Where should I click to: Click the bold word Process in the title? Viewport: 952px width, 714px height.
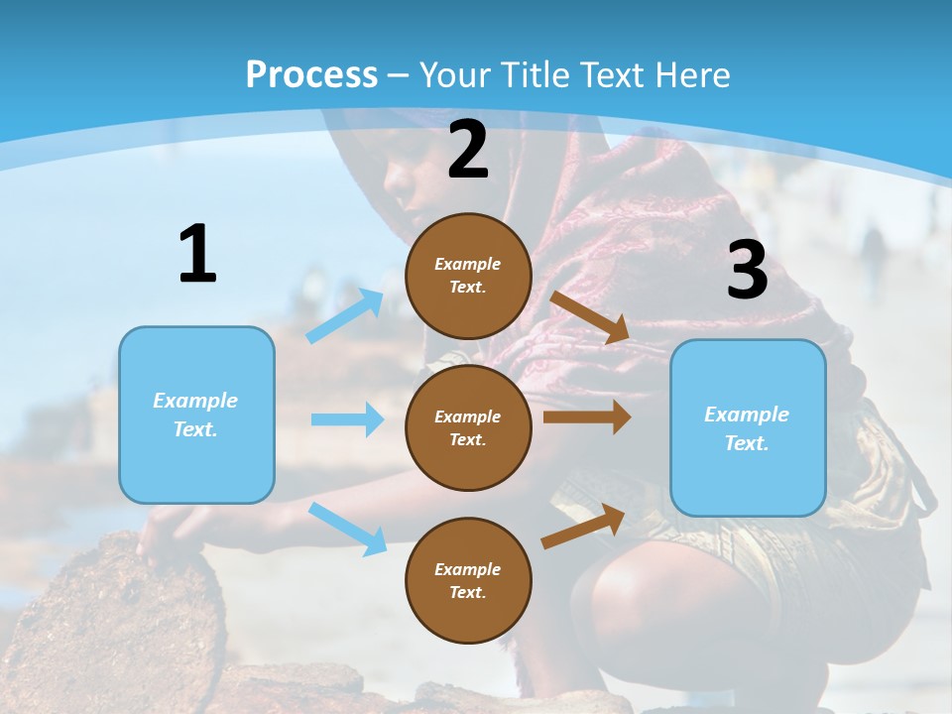pyautogui.click(x=311, y=75)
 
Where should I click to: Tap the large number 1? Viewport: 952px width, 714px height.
pyautogui.click(x=197, y=254)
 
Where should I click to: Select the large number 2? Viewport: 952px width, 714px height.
pyautogui.click(x=468, y=150)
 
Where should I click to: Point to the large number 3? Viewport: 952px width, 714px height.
pyautogui.click(x=747, y=271)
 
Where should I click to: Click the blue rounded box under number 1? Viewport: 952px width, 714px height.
pyautogui.click(x=196, y=415)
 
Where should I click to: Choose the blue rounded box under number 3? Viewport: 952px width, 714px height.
pyautogui.click(x=748, y=427)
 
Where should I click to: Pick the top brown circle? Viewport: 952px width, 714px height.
pyautogui.click(x=468, y=276)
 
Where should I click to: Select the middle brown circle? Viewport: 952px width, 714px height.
pyautogui.click(x=468, y=427)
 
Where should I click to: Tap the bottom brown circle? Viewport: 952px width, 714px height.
pyautogui.click(x=468, y=580)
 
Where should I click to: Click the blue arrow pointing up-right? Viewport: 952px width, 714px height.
pyautogui.click(x=345, y=315)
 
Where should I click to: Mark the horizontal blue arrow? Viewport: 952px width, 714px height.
pyautogui.click(x=347, y=419)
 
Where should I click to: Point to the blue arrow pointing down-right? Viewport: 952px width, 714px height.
pyautogui.click(x=347, y=529)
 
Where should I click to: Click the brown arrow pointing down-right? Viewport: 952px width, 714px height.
pyautogui.click(x=590, y=317)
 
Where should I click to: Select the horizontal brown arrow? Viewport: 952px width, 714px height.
pyautogui.click(x=587, y=416)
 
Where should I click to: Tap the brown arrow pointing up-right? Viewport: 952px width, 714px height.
pyautogui.click(x=583, y=526)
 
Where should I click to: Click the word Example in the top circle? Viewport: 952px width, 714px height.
pyautogui.click(x=468, y=264)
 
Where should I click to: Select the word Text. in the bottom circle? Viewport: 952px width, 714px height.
pyautogui.click(x=468, y=592)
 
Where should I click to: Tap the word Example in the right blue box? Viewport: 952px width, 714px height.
pyautogui.click(x=747, y=415)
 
